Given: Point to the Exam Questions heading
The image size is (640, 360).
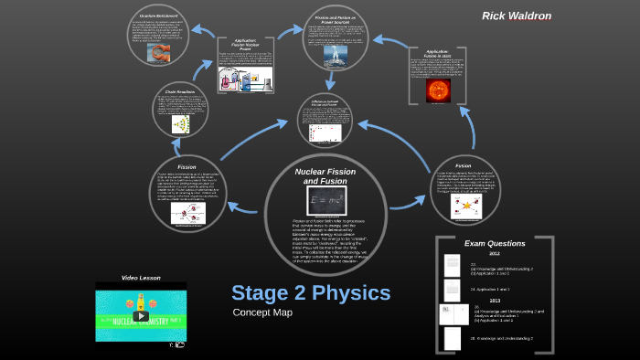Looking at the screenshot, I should (495, 244).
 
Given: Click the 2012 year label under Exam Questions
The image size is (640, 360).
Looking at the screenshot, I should (494, 254).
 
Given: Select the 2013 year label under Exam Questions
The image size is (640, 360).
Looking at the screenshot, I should (494, 300).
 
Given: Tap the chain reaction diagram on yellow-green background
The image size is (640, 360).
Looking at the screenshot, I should (186, 125).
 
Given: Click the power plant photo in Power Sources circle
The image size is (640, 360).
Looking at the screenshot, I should (336, 56).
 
